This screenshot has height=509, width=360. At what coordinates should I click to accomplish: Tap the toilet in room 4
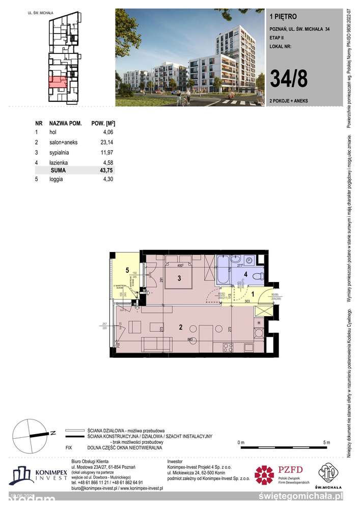coord(257,276)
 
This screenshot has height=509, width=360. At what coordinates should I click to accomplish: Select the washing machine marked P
coord(249,260)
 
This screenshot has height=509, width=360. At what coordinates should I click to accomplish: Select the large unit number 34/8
coord(288,79)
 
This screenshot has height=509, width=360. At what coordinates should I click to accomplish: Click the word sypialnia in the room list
coord(59,152)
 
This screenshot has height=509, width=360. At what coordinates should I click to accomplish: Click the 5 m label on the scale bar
coord(326,441)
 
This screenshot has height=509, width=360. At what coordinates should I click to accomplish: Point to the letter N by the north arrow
coord(53,434)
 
